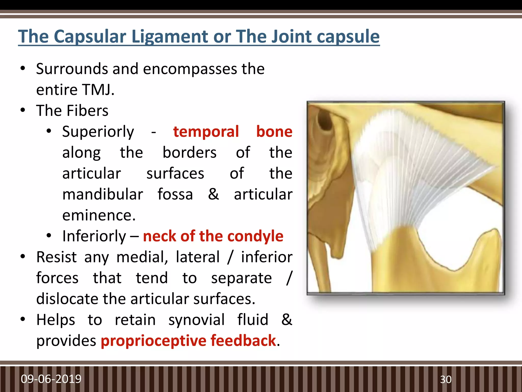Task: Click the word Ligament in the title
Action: click(170, 36)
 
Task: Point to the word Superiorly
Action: click(98, 132)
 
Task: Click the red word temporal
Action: click(206, 132)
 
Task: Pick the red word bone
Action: click(274, 132)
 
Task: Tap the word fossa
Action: click(175, 194)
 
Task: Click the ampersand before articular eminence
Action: click(213, 194)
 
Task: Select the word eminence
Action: click(99, 215)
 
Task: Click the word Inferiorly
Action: click(94, 236)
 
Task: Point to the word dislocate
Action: click(67, 299)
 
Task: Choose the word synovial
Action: click(196, 320)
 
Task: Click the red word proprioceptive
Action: click(153, 341)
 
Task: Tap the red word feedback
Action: click(243, 340)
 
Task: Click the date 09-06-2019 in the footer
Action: click(51, 379)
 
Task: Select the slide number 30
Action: click(446, 379)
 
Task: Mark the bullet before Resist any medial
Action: click(23, 257)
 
